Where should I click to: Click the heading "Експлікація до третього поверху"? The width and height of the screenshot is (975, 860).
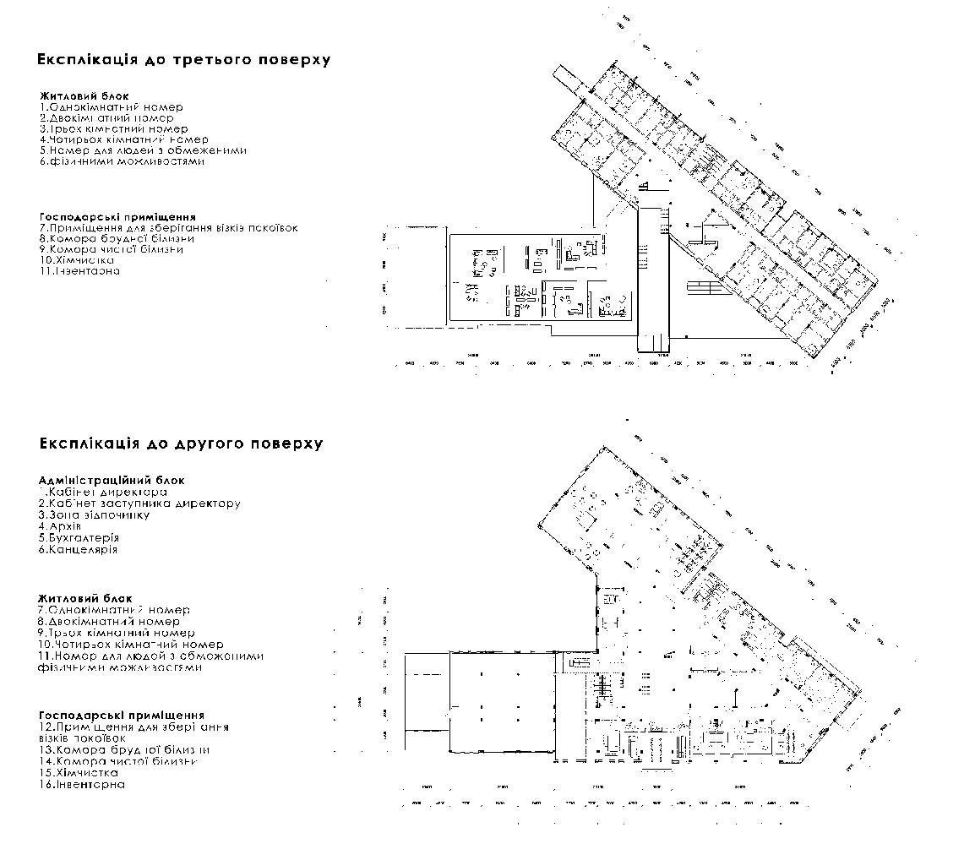[x=183, y=60]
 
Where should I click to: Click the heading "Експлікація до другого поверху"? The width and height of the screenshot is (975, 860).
[x=181, y=444]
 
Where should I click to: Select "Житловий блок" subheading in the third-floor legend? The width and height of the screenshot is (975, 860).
[x=84, y=96]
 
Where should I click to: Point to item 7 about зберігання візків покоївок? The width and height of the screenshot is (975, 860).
[x=169, y=228]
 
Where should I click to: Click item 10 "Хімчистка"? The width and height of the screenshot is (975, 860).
[x=77, y=260]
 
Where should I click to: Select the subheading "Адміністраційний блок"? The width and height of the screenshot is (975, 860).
[x=112, y=480]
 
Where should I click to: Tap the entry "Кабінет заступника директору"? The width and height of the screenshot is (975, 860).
[x=140, y=503]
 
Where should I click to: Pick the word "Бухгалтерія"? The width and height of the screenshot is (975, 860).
[x=79, y=537]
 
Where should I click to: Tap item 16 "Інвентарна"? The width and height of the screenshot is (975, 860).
[x=82, y=785]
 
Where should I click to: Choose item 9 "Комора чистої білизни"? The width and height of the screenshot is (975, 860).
[x=112, y=249]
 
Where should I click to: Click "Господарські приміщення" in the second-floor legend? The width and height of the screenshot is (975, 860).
[x=122, y=716]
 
